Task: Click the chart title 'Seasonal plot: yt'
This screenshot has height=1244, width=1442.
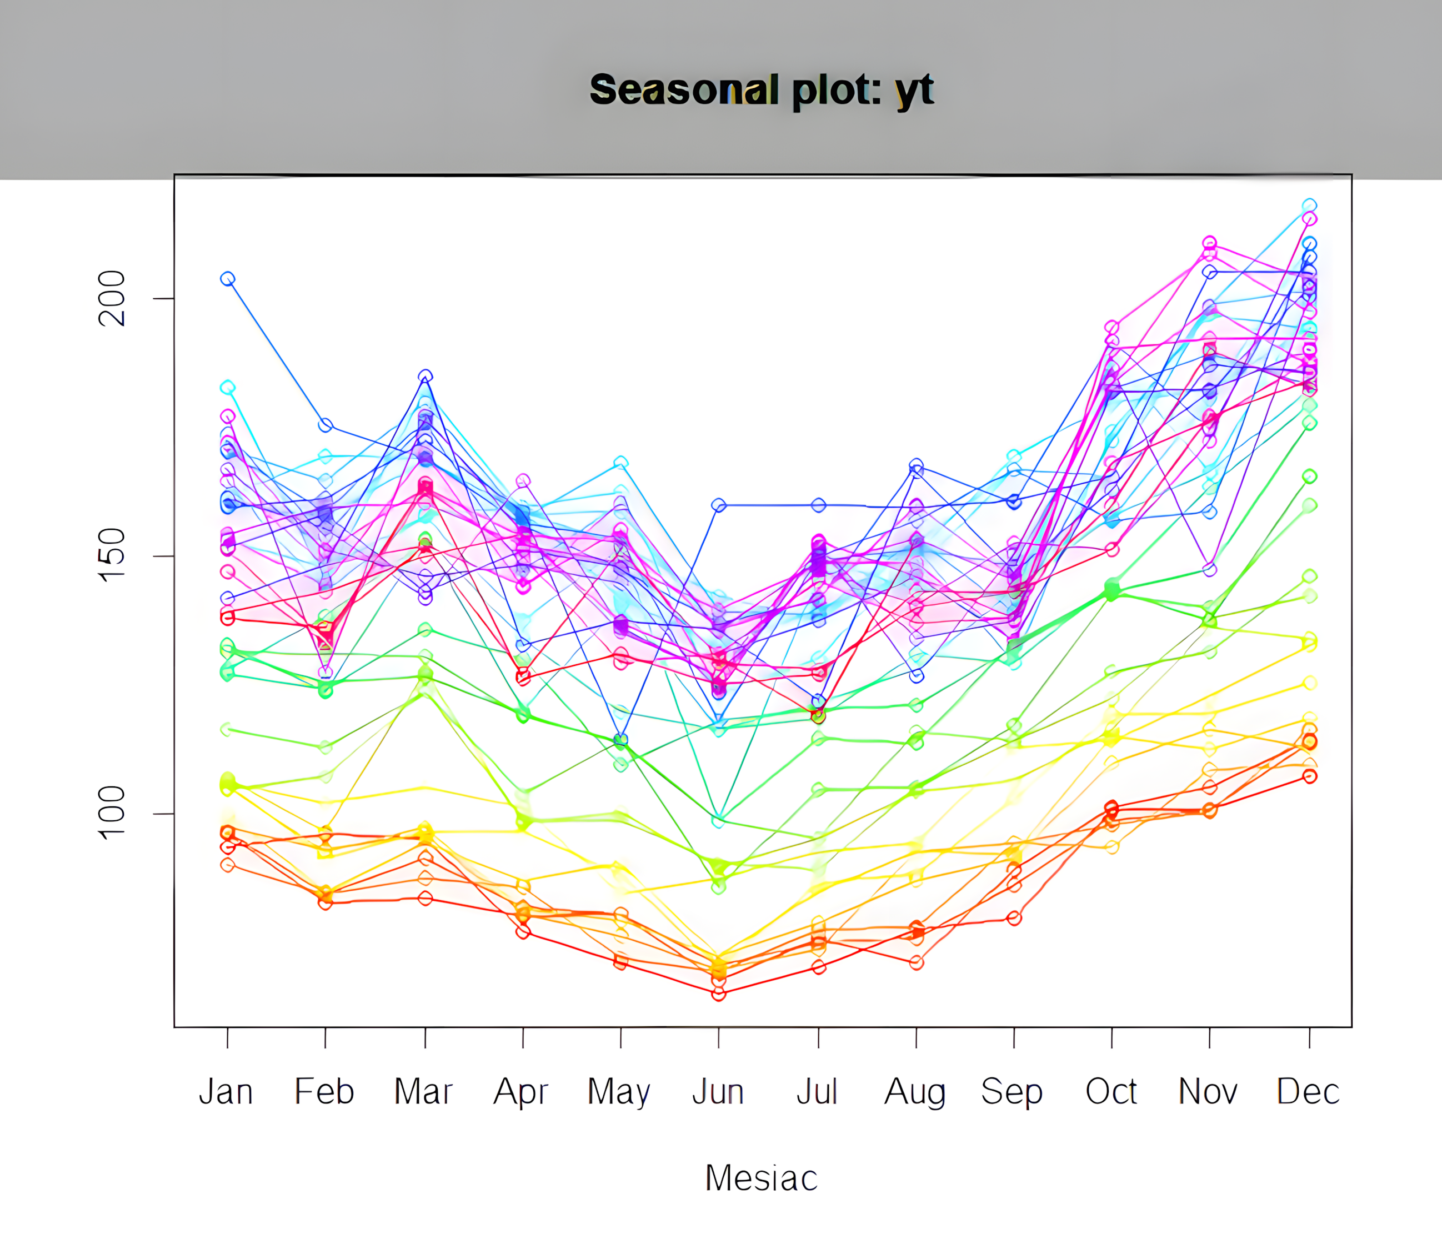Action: [762, 91]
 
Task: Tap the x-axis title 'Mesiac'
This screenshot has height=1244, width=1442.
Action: [762, 1178]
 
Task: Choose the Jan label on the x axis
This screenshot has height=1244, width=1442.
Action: [226, 1091]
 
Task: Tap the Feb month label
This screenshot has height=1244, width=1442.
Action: [324, 1091]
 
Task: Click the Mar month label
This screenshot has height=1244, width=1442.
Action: [424, 1091]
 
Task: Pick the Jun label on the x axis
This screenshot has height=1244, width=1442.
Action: [718, 1091]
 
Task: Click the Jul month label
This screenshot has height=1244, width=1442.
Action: [817, 1091]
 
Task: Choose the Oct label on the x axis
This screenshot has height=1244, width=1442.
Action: [1111, 1091]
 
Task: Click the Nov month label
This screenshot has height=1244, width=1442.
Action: [1208, 1091]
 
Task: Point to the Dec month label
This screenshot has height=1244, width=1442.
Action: [1308, 1091]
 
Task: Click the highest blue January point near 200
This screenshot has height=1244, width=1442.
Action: [228, 279]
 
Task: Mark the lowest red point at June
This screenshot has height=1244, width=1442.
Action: [719, 994]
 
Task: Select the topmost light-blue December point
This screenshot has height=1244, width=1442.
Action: [1309, 205]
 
